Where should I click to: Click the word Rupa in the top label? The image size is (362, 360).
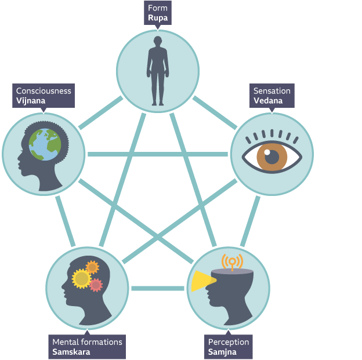[x=157, y=17]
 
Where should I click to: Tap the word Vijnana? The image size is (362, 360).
[x=31, y=100]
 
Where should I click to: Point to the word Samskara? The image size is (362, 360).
[x=71, y=351]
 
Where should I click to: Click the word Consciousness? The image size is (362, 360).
[x=44, y=91]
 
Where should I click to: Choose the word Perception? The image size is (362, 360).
[x=228, y=342]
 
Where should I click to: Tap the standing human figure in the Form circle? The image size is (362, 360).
[x=158, y=70]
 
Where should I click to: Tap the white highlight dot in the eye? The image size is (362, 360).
[x=267, y=153]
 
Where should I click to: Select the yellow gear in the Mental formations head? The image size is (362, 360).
[x=81, y=279]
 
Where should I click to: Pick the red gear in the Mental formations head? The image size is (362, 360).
[x=96, y=285]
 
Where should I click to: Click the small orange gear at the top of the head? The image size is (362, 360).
[x=92, y=267]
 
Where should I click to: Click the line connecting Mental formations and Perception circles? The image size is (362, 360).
[x=157, y=288]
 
